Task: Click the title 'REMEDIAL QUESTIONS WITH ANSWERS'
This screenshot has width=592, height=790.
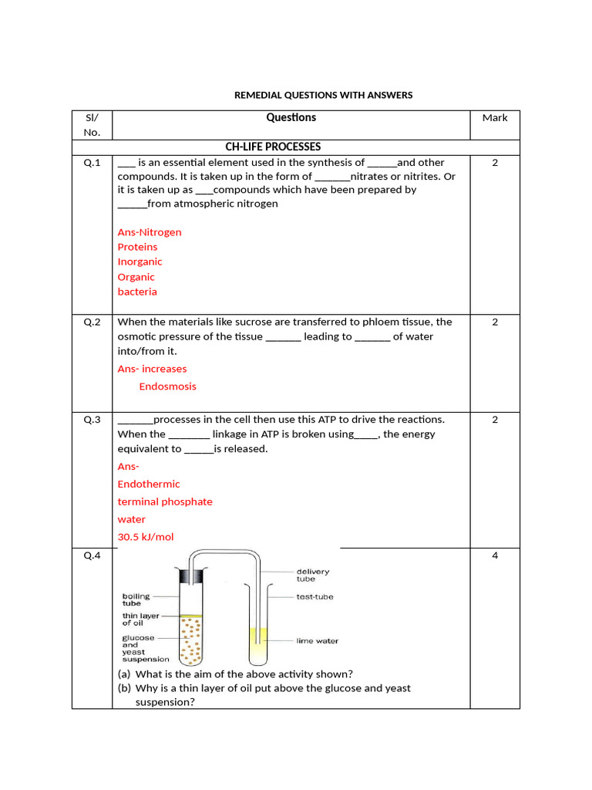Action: [323, 95]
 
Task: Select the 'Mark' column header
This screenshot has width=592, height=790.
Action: [495, 118]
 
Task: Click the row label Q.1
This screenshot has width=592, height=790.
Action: [92, 163]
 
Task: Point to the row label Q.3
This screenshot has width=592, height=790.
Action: [92, 420]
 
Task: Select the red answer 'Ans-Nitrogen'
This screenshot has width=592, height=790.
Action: [150, 232]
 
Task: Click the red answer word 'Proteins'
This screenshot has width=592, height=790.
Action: [137, 247]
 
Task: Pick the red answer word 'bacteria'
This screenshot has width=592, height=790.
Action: [137, 292]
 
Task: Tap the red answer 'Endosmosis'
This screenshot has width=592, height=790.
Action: [167, 387]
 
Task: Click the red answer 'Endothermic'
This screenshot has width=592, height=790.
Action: [149, 484]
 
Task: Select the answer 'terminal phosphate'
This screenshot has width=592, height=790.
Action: [165, 502]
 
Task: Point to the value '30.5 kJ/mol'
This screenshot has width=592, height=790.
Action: [146, 537]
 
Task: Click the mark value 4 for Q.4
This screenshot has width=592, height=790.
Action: [495, 556]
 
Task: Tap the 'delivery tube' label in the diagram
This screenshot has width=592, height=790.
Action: [313, 575]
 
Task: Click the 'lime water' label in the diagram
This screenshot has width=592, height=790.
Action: [317, 641]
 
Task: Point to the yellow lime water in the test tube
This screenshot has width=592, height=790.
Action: [258, 637]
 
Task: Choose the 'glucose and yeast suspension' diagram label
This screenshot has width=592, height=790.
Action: [145, 649]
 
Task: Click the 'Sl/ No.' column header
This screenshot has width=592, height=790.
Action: [92, 125]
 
